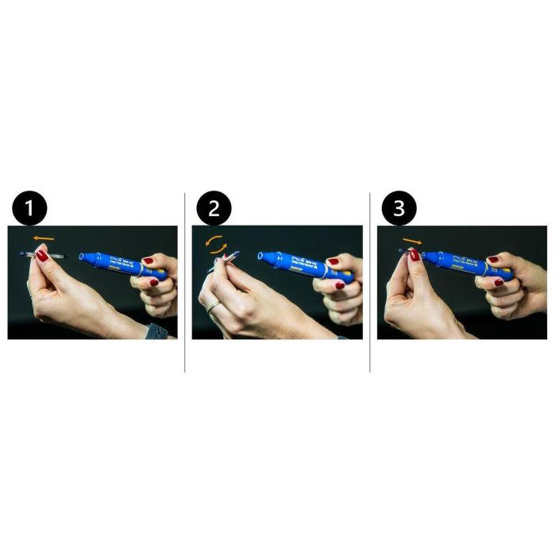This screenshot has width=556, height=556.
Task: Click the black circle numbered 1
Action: tap(30, 210)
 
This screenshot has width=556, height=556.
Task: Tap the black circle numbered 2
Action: tap(214, 210)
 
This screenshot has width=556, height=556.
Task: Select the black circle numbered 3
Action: tap(399, 210)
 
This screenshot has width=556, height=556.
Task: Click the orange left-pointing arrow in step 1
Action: tap(44, 237)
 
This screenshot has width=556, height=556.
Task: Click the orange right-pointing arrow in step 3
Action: tap(412, 240)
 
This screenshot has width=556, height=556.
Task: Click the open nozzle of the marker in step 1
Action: tap(83, 257)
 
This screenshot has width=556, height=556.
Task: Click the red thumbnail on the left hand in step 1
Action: tap(41, 256)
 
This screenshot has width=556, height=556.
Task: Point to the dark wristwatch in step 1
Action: tap(156, 331)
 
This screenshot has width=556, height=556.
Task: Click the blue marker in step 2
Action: tap(294, 263)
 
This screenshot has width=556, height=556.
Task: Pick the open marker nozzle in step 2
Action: tap(261, 257)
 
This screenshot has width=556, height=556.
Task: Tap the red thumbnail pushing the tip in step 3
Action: tap(414, 255)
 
